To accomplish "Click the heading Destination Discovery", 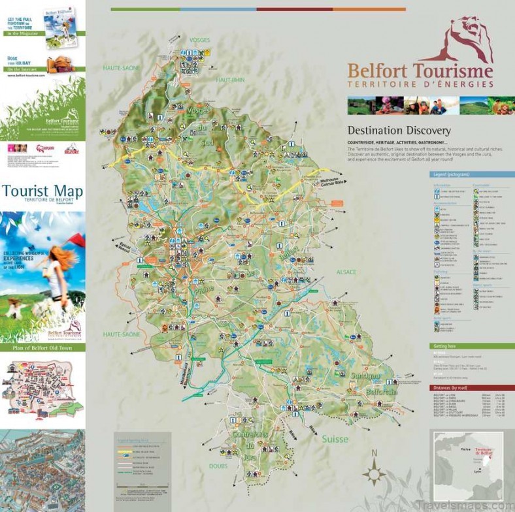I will pos(399,130).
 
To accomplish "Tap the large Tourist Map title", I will pos(42,191).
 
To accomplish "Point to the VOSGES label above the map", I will pos(199,40).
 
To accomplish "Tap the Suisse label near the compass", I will pos(335,440).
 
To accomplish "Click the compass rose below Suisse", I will pos(374,472).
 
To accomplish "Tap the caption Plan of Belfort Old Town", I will pos(42,347).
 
